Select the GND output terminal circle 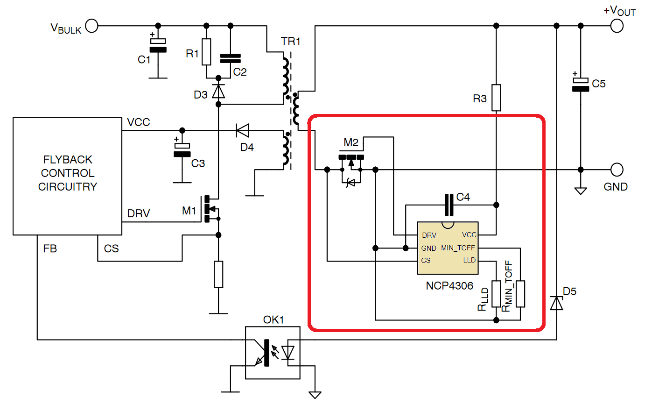pos(617,169)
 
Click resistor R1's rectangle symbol pos(206,52)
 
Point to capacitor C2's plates pos(230,58)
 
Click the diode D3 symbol pos(218,91)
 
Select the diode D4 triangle pos(242,130)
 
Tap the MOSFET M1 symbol pos(210,208)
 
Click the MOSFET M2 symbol pos(351,161)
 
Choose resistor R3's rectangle pos(496,98)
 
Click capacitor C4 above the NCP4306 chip pos(449,205)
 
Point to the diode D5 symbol pos(556,304)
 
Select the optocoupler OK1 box pos(273,353)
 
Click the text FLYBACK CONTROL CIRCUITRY pos(68,173)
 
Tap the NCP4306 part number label pos(449,285)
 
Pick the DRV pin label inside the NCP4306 pos(429,235)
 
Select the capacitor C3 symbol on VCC pos(182,150)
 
